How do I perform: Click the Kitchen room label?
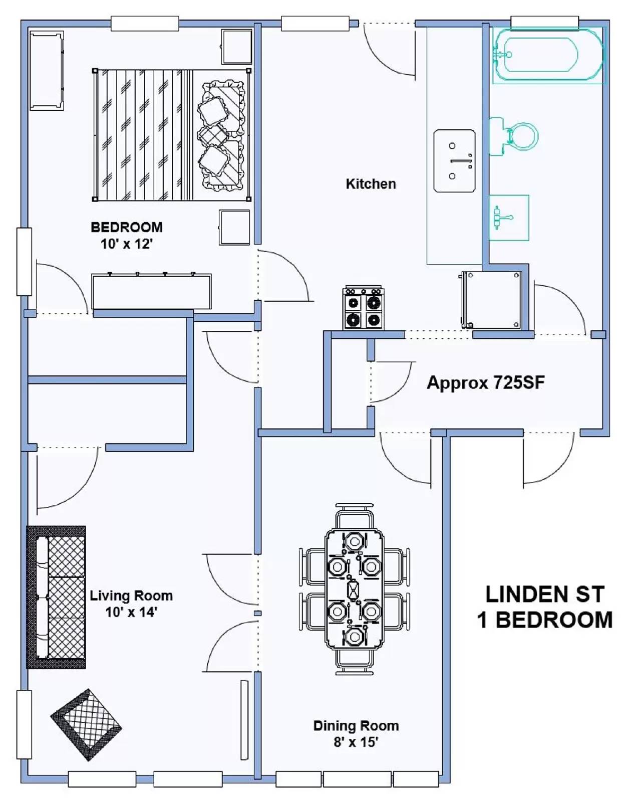tap(371, 184)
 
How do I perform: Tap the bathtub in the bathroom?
tap(549, 55)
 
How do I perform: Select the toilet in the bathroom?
tap(514, 136)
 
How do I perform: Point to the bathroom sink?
tap(509, 218)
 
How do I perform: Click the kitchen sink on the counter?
tap(454, 160)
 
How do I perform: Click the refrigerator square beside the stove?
tap(491, 300)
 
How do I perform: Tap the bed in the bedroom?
tap(172, 135)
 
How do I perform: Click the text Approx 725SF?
tap(486, 382)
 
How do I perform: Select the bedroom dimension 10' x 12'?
tap(127, 244)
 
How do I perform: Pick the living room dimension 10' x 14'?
tap(131, 612)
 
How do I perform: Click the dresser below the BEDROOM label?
tap(152, 291)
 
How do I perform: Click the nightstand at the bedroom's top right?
tap(236, 47)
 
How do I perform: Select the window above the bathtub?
tap(544, 23)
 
